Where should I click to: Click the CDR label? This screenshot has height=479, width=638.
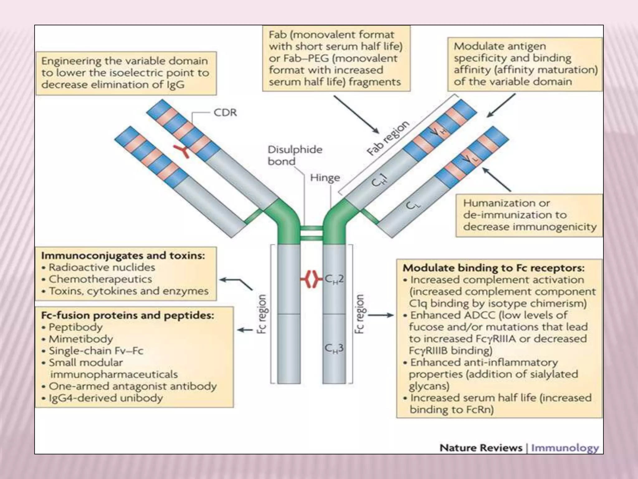pos(225,113)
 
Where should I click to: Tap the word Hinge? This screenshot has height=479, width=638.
pos(325,178)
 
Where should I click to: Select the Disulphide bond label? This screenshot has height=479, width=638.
pos(295,155)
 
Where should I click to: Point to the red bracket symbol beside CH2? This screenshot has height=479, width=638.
pos(311,279)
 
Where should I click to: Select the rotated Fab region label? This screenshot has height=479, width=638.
pos(387,138)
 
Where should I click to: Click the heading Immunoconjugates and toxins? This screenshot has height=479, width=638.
pos(123,256)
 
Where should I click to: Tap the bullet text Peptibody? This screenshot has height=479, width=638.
pos(76,327)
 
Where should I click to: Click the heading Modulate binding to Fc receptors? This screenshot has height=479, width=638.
pos(493,268)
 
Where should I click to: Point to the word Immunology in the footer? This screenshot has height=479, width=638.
pos(564,448)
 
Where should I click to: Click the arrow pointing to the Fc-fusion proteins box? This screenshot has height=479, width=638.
pos(245,330)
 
